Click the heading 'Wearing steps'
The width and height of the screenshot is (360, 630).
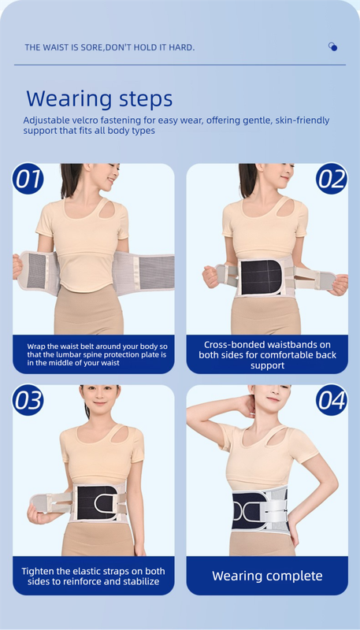[x=99, y=99]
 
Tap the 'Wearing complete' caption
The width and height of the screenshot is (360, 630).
[x=267, y=576]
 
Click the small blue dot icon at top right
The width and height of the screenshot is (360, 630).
[x=333, y=47]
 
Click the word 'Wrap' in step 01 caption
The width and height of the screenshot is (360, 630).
[x=36, y=345]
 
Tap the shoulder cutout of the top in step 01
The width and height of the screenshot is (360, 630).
[x=101, y=208]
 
